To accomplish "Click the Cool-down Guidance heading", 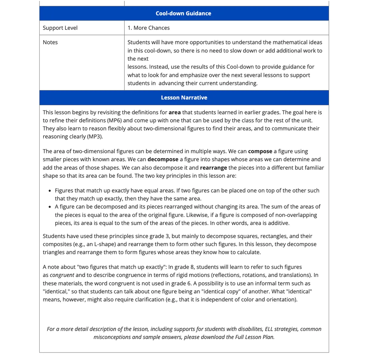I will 183,13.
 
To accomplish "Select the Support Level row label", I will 60,28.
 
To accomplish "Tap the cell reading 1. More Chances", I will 149,28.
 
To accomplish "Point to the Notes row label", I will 50,42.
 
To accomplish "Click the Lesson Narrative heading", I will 184,98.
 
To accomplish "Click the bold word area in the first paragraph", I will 175,112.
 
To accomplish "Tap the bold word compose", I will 260,151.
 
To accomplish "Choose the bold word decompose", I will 163,159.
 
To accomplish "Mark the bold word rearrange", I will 214,168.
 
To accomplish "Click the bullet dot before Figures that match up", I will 50,191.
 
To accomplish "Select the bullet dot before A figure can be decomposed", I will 50,207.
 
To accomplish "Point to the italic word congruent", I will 62,275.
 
